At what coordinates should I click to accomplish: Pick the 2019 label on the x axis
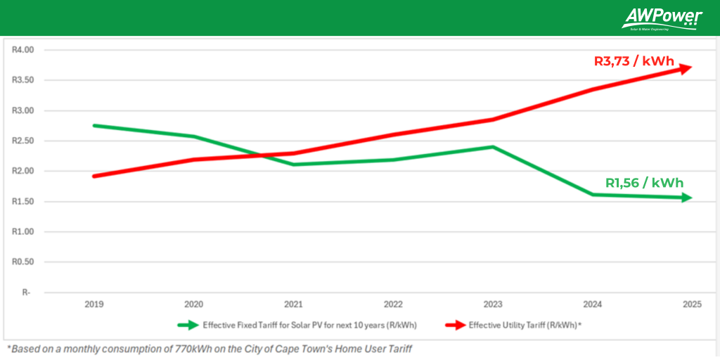(94, 304)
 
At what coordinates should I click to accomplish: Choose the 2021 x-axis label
(293, 304)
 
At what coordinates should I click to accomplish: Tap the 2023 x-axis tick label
(493, 304)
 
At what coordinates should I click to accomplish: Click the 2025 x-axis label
(692, 304)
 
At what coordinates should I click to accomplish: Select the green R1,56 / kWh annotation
(644, 183)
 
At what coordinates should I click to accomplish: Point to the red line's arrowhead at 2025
(686, 68)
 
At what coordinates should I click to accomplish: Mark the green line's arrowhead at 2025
(686, 198)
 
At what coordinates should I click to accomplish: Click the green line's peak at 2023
(493, 147)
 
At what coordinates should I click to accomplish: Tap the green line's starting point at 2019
(95, 126)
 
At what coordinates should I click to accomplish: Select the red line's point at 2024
(593, 89)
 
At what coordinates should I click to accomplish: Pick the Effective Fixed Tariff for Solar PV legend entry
(300, 326)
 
